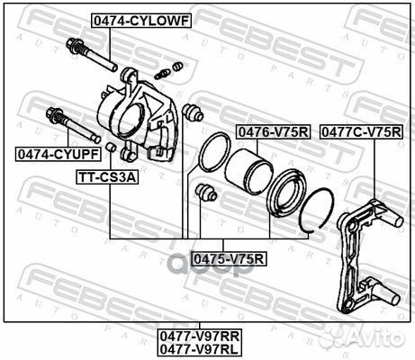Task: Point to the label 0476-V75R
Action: point(273,132)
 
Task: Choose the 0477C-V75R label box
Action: point(361,132)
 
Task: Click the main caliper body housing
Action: point(135,112)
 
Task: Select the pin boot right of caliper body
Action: point(189,113)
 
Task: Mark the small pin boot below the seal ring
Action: point(206,192)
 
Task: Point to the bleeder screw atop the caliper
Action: point(168,70)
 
